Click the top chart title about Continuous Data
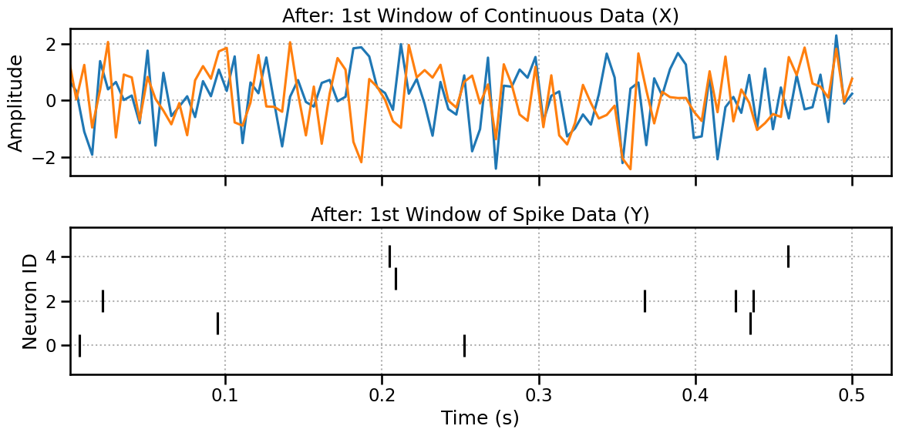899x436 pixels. [480, 15]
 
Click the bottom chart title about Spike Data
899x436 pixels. [480, 214]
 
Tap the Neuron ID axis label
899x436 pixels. [29, 301]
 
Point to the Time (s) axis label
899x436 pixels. [480, 418]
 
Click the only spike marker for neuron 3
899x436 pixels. [396, 279]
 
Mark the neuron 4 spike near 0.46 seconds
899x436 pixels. [788, 256]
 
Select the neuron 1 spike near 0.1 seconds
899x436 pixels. [217, 324]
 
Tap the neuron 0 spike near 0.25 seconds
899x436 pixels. [464, 346]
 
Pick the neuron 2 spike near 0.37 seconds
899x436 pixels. [645, 301]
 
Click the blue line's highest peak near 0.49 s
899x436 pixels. [836, 35]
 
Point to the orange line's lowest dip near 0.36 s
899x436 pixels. [630, 169]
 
